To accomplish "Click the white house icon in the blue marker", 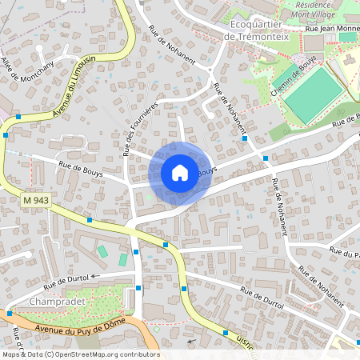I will click(180, 172).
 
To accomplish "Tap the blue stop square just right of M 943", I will click(90, 218).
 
